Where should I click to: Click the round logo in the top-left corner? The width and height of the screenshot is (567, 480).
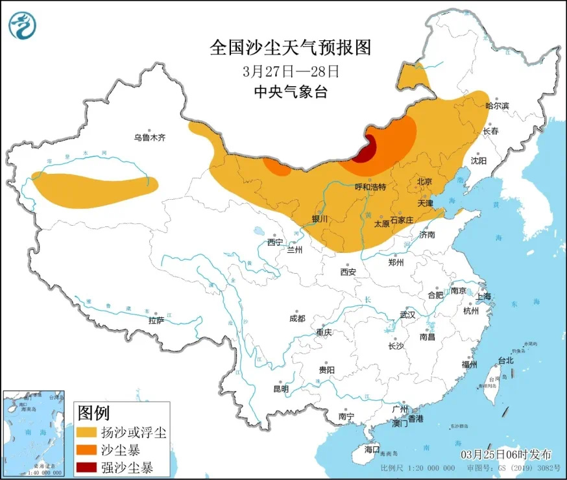click(22, 25)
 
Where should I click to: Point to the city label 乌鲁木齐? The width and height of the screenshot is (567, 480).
click(150, 138)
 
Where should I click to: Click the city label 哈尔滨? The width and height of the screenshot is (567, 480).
click(498, 105)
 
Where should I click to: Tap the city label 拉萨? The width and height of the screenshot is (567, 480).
click(156, 320)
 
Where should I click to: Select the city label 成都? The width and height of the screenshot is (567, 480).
click(297, 318)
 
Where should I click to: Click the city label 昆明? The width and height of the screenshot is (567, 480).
click(280, 389)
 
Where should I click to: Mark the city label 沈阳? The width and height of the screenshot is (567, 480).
click(478, 160)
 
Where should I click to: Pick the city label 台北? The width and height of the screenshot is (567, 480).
click(505, 361)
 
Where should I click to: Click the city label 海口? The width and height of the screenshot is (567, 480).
click(371, 449)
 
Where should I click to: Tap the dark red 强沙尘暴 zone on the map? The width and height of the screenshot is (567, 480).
click(365, 150)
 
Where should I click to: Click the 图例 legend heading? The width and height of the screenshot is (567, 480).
click(93, 413)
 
